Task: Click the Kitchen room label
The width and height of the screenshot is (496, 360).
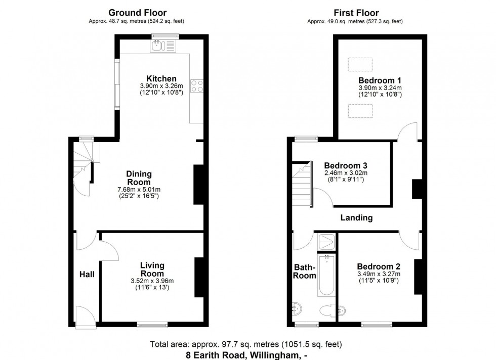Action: coord(161,78)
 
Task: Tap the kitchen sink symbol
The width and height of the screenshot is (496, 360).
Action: coord(162,46)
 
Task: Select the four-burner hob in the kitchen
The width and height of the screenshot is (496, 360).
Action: coord(196,86)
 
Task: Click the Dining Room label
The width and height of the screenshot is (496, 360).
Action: coord(139,178)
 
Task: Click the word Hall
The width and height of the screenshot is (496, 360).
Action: coord(87,274)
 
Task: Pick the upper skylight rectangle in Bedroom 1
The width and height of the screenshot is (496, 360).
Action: coord(360,65)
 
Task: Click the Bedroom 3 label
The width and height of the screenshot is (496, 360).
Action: coord(345,165)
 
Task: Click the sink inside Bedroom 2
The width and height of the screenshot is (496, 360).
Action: coord(344,309)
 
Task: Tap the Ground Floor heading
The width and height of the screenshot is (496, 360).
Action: coord(138,13)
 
